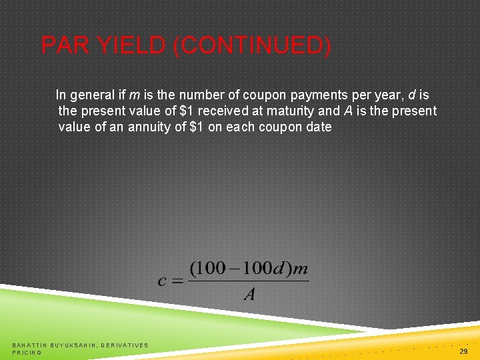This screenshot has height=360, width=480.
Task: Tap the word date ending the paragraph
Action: (318, 127)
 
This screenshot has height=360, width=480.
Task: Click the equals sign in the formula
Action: (177, 281)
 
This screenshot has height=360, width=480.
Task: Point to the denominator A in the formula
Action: (249, 294)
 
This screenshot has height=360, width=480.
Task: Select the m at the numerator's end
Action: (301, 269)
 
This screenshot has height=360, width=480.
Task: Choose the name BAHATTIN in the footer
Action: (29, 345)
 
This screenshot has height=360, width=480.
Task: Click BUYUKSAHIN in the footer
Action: (73, 345)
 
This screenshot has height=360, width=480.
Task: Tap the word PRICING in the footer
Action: (27, 352)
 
